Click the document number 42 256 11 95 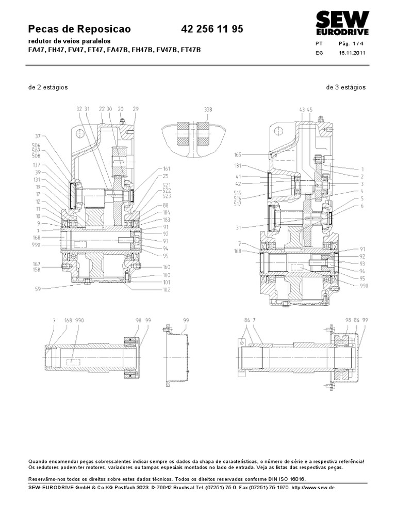[212, 29]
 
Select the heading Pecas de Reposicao [79, 29]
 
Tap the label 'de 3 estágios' [346, 87]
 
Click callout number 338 [208, 110]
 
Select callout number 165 [238, 154]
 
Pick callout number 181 [238, 166]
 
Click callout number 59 [38, 289]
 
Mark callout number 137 [37, 165]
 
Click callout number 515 [238, 193]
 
